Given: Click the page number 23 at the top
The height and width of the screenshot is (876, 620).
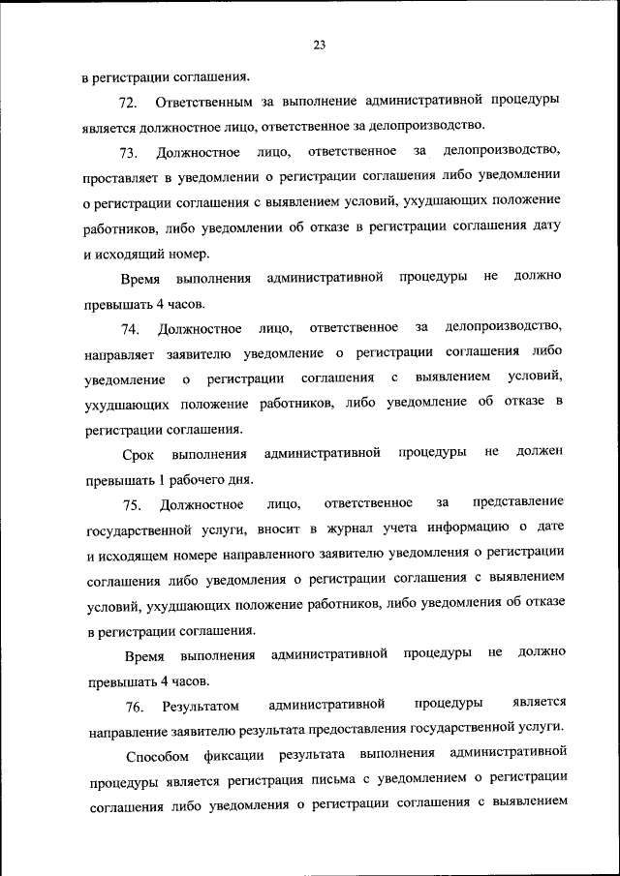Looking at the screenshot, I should [319, 44].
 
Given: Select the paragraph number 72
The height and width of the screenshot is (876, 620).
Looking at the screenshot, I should [128, 102].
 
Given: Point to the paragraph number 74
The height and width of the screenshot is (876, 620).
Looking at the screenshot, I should [130, 328].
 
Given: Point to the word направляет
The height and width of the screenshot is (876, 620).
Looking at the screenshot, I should [125, 353].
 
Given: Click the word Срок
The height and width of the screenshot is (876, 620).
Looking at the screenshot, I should [139, 454].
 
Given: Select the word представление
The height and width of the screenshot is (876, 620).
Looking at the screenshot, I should [516, 503].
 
